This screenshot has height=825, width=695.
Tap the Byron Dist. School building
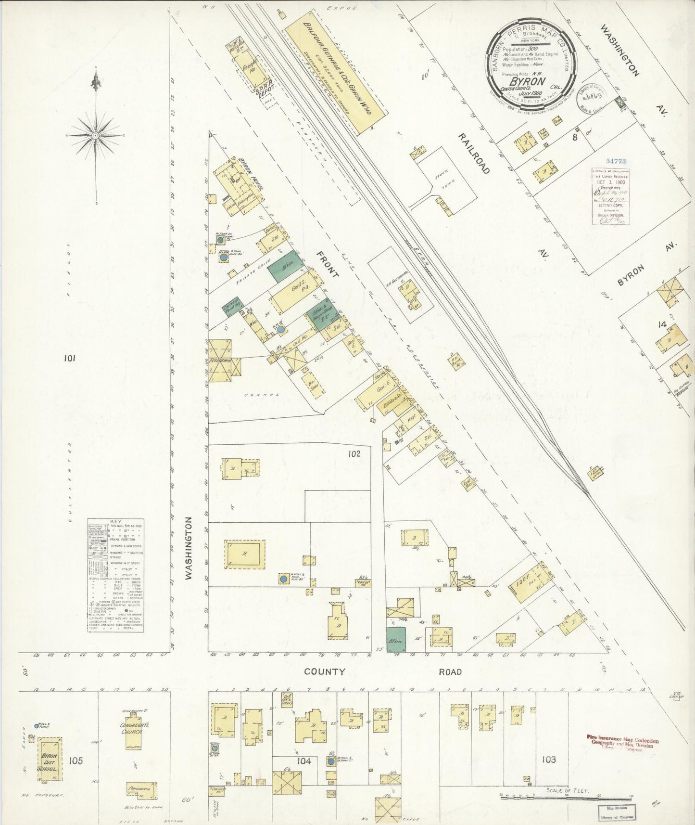click(49, 761)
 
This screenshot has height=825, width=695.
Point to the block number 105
click(76, 761)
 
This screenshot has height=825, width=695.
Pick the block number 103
click(548, 760)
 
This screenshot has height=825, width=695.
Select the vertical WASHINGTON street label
click(189, 548)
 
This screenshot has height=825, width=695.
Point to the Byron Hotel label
click(250, 174)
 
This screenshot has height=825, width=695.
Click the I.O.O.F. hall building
click(529, 583)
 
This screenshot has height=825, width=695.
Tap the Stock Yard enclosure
click(446, 179)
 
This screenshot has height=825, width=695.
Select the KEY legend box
click(115, 575)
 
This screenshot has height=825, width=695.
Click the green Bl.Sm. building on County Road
click(396, 639)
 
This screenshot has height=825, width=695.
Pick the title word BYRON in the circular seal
click(527, 81)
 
